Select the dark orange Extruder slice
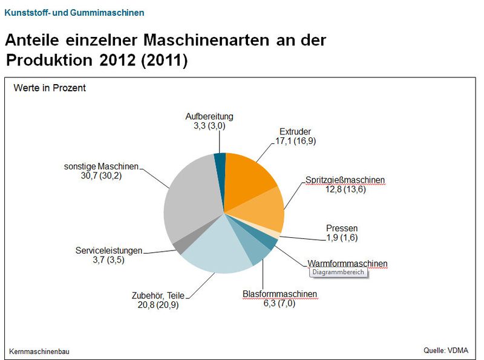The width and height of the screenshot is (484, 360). (249, 178)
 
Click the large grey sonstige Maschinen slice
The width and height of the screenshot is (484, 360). (188, 200)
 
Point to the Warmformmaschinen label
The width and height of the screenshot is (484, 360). (347, 264)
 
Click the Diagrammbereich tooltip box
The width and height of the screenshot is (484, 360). (338, 273)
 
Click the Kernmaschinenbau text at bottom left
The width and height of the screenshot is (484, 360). (39, 352)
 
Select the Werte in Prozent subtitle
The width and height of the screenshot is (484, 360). (50, 88)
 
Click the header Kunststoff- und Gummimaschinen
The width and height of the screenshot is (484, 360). (74, 13)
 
